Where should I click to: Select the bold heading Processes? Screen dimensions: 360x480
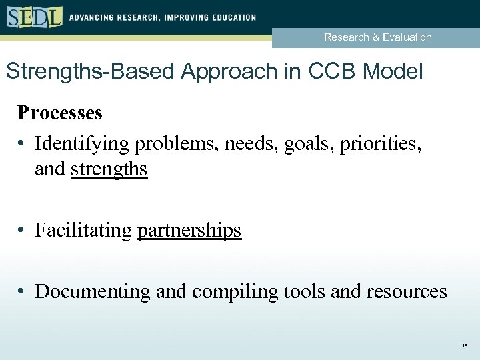60,113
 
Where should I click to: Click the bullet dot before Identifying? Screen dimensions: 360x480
22,143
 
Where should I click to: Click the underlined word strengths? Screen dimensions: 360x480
109,169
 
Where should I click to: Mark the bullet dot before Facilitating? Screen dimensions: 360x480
22,231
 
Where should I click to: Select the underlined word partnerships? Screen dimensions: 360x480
189,231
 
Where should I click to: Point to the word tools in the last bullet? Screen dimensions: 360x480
301,291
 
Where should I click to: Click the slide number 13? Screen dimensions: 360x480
464,346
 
